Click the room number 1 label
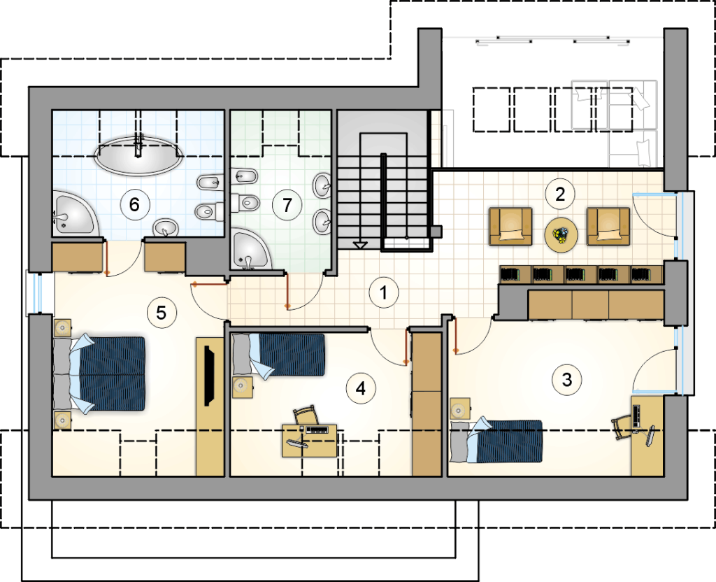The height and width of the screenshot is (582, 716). (x=384, y=293)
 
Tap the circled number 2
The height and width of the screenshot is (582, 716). (x=560, y=194)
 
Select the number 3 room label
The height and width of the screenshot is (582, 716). (x=566, y=380)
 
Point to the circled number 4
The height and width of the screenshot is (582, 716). (x=361, y=389)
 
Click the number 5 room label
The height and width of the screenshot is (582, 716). (x=162, y=313)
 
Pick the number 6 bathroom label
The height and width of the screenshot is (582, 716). (x=135, y=204)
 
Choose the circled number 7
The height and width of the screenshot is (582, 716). (x=287, y=205)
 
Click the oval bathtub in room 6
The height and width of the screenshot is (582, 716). (x=138, y=155)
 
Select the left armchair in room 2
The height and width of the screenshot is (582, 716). (x=510, y=226)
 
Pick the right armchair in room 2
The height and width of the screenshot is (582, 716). (x=608, y=226)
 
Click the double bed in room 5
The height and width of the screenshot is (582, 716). (x=99, y=374)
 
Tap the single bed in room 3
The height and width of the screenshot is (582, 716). (x=496, y=441)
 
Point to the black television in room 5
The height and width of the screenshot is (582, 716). (x=210, y=376)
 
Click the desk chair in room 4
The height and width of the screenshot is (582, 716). (x=306, y=415)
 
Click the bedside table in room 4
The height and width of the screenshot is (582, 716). (x=242, y=387)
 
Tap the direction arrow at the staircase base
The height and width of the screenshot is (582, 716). (x=360, y=246)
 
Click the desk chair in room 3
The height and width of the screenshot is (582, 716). (x=621, y=427)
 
